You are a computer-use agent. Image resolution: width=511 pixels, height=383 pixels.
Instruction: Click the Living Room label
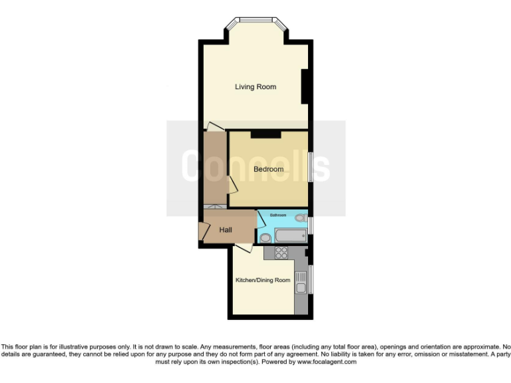coord(255,87)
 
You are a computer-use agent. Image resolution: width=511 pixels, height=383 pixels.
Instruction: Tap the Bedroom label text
coord(268,170)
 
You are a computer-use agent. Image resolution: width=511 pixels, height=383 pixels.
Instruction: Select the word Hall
coord(226,230)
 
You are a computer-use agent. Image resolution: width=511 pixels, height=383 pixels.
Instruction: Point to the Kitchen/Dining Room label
coord(263,280)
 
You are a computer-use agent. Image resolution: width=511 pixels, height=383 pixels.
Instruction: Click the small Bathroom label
coord(277,215)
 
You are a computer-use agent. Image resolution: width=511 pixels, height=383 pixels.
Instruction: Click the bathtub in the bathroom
coord(287,236)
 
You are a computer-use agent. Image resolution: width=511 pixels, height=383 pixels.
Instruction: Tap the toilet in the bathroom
coord(299,217)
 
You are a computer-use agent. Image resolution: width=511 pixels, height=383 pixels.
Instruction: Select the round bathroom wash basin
coord(265,237)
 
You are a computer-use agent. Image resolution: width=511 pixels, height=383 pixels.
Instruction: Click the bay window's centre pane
coord(255,21)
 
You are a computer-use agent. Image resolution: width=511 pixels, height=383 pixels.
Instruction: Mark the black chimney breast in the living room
coord(305,86)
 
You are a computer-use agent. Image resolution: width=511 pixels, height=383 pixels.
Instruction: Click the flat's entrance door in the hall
coord(202,231)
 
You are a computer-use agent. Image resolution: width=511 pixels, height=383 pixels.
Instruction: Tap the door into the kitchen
coord(242,247)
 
